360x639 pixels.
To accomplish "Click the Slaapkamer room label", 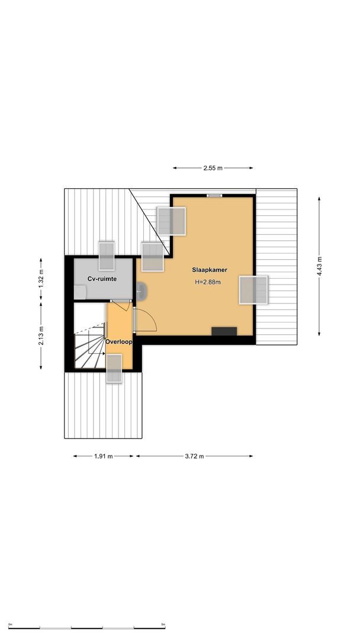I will pyautogui.click(x=210, y=270).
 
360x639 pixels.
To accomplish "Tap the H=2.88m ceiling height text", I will pyautogui.click(x=208, y=282).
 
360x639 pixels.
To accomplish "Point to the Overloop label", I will pyautogui.click(x=118, y=342).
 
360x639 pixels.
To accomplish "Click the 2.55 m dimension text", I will pyautogui.click(x=213, y=168).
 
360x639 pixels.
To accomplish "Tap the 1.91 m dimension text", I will pyautogui.click(x=104, y=456).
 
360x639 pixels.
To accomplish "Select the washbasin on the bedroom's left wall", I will pyautogui.click(x=142, y=290).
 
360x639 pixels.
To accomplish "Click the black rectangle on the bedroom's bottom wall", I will pyautogui.click(x=224, y=331).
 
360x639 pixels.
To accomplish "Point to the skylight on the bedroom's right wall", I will pyautogui.click(x=253, y=290).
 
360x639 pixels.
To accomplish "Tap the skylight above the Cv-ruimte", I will pyautogui.click(x=106, y=255).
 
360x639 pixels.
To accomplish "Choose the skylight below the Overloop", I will pyautogui.click(x=114, y=369).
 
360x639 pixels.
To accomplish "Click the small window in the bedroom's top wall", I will pyautogui.click(x=214, y=195).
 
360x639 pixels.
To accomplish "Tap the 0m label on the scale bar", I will pyautogui.click(x=11, y=624).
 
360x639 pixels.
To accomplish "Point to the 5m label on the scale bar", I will pyautogui.click(x=163, y=624).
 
